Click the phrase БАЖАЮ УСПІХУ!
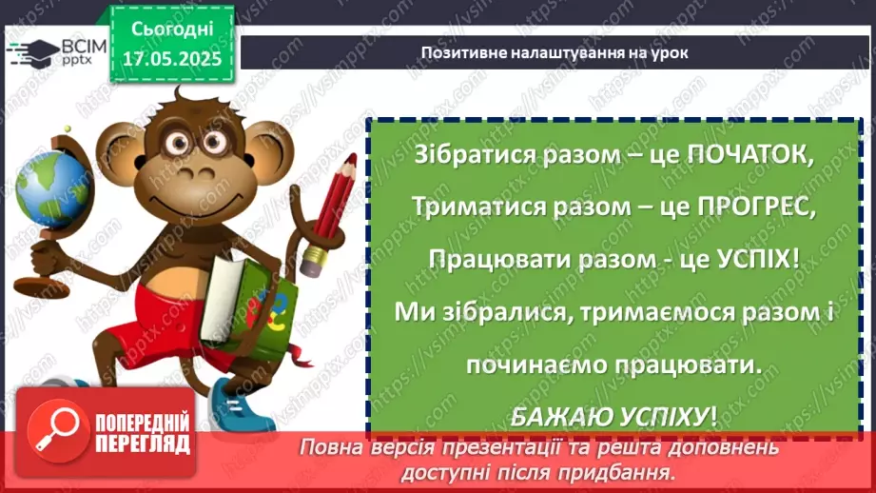[608, 416]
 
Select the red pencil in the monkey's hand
[329, 201]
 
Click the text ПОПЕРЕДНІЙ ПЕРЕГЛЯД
[143, 433]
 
